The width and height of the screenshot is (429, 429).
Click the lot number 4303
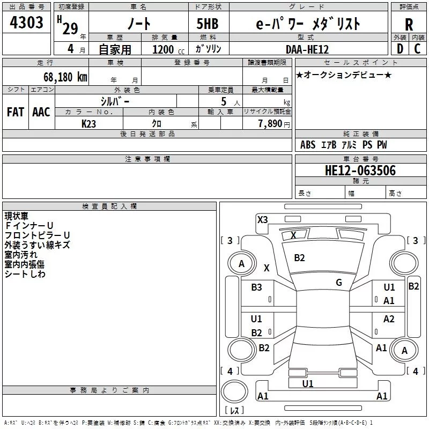27,23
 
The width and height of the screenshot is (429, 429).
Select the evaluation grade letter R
409,25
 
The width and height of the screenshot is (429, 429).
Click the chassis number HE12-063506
360,171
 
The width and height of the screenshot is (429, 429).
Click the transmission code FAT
16,112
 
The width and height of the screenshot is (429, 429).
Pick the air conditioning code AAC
41,112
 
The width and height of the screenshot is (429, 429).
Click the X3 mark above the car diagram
262,219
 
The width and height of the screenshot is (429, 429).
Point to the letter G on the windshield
339,283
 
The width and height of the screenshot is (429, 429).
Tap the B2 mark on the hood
299,258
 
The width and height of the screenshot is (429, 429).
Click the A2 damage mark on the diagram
389,319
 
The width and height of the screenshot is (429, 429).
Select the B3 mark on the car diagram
257,287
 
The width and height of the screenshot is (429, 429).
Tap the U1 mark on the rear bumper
308,383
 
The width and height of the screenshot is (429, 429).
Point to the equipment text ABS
308,145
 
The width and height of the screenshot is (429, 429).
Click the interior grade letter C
418,49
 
